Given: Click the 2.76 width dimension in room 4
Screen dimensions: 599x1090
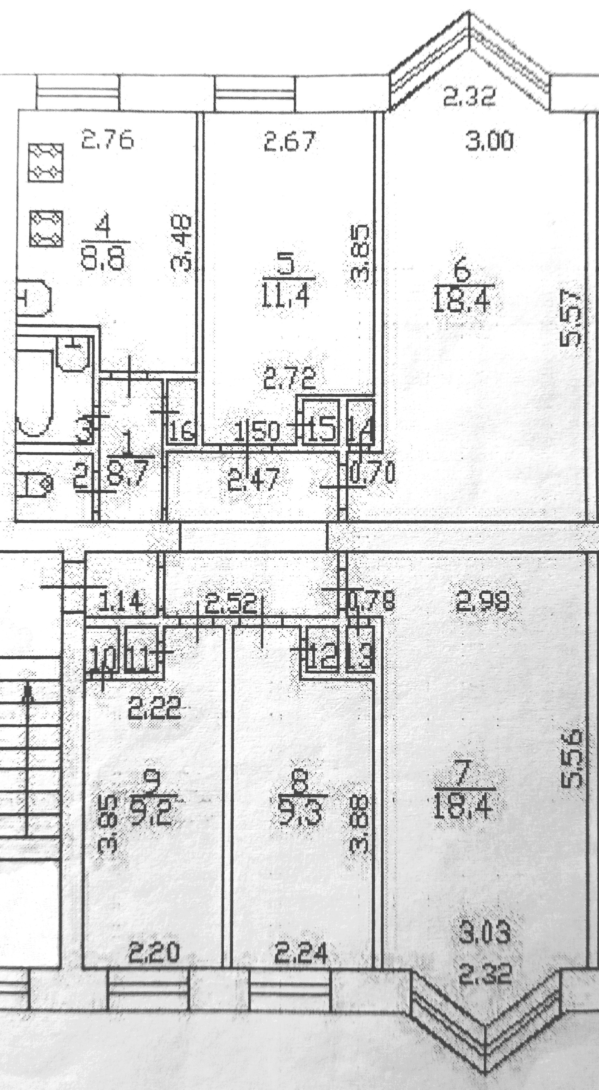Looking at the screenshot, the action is pos(107,140).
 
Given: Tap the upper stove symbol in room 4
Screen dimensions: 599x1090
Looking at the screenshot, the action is pos(46,163).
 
